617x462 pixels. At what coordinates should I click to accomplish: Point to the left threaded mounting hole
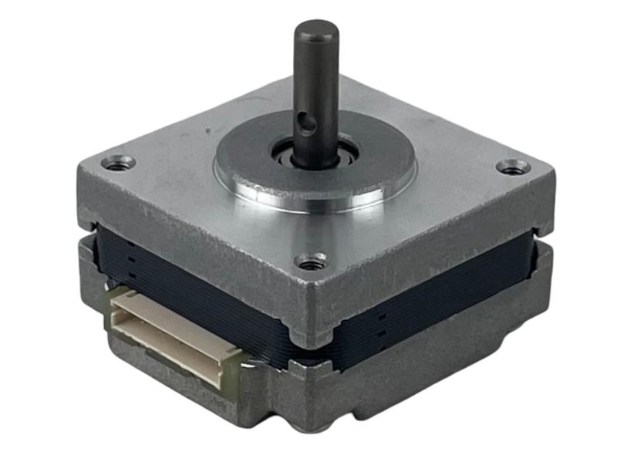(x=117, y=163)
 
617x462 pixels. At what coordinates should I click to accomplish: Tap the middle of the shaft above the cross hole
(x=316, y=77)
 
